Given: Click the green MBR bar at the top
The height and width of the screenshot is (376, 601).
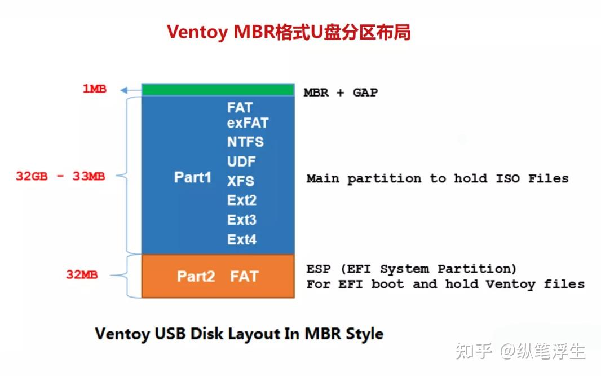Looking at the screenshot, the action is (x=218, y=90).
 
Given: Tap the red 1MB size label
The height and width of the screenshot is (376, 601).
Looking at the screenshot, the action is (x=95, y=89).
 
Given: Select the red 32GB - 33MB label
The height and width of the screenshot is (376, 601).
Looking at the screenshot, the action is (x=60, y=176).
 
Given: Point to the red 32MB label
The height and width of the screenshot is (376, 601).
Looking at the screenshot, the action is (x=82, y=275).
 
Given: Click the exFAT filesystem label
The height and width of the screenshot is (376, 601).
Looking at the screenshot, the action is (x=248, y=123).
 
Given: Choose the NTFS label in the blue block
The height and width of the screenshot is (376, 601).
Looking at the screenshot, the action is (x=245, y=141).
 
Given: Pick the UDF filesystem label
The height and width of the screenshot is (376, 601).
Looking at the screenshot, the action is (x=241, y=161).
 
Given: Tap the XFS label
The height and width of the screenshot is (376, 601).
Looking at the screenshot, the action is (x=241, y=181).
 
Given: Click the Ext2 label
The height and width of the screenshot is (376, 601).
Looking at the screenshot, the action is (x=242, y=201).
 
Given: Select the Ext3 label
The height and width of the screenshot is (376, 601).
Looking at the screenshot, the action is (x=242, y=220).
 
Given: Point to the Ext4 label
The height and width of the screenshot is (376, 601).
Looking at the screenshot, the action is (x=242, y=239).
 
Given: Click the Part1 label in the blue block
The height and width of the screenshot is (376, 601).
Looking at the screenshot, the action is (x=192, y=177).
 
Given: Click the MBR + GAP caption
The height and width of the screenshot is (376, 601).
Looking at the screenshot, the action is (x=341, y=92).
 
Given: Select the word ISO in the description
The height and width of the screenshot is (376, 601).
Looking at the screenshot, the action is (x=507, y=178).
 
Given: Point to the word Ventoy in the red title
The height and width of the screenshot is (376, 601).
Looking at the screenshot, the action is (x=197, y=32).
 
